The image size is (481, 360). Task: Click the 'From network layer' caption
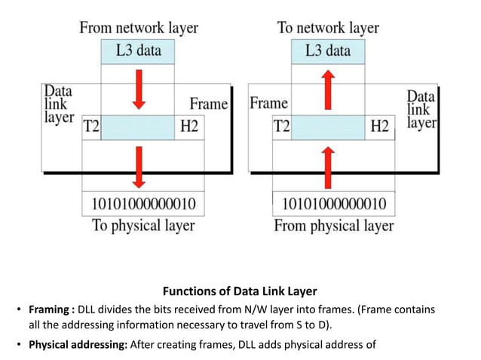coord(139,28)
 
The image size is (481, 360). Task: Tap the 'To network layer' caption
coord(328,28)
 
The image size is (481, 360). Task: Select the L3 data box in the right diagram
coord(328,51)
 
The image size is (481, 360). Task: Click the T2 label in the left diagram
coord(90,127)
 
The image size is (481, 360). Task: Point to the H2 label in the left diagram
coord(188,127)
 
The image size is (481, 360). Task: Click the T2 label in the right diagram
coord(281,127)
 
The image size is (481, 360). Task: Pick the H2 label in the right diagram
coord(379,127)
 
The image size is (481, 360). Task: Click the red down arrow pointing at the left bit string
coord(138,166)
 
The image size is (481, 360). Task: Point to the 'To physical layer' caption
coord(143,225)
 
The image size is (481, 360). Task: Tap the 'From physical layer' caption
coord(333,225)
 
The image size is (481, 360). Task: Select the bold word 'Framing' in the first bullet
coord(51,310)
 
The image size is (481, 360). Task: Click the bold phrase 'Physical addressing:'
coord(78,346)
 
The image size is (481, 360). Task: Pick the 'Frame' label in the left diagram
coord(208,104)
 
